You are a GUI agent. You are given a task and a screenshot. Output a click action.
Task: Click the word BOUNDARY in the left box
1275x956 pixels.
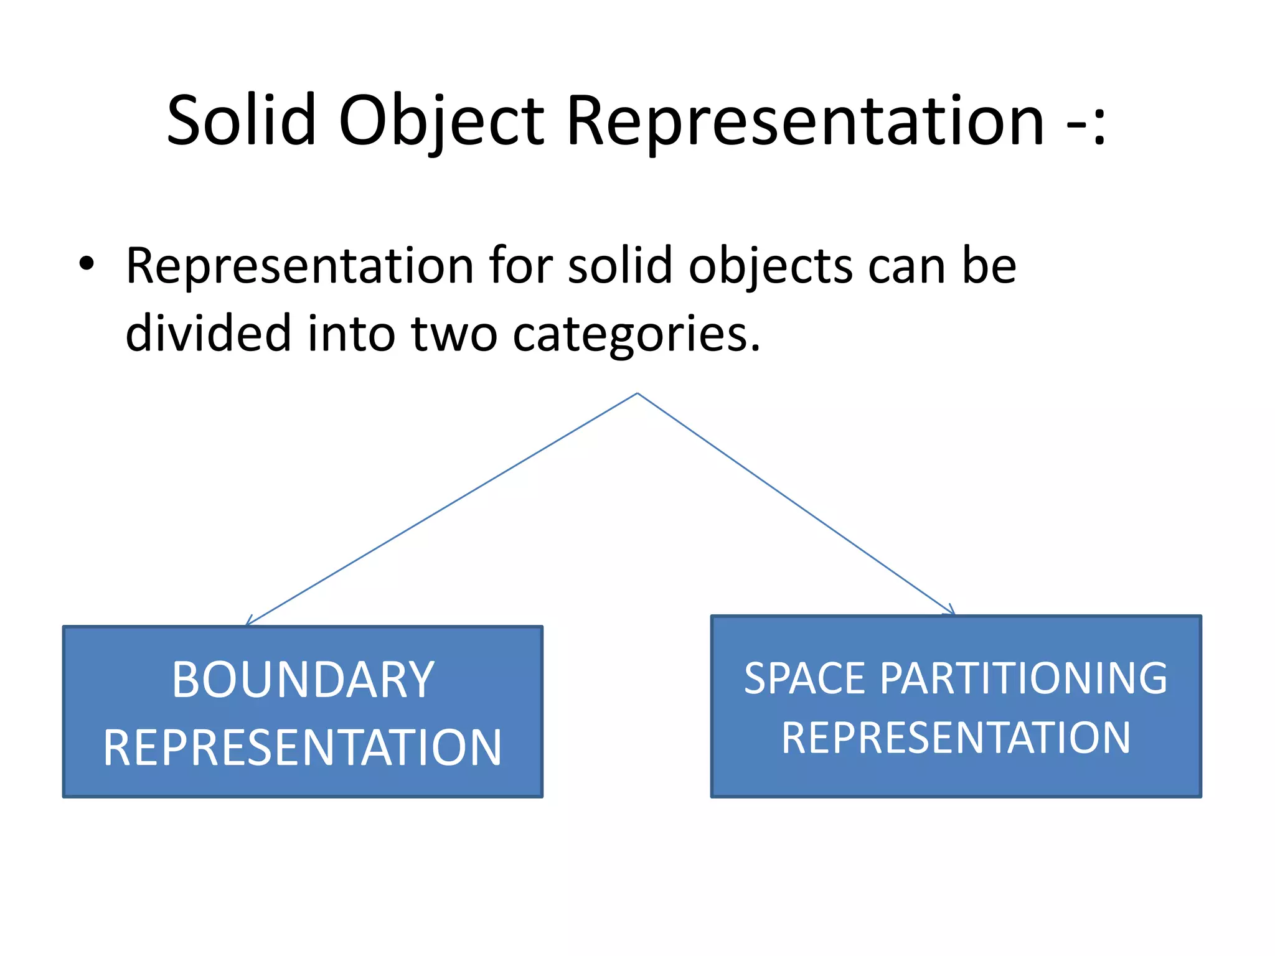coord(303,680)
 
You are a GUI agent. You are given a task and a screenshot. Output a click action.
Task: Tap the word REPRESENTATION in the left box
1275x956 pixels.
coord(303,747)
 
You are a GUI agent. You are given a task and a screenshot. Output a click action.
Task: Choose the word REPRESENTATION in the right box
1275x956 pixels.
coord(956,738)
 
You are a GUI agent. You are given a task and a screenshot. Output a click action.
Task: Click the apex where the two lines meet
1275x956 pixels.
coord(637,393)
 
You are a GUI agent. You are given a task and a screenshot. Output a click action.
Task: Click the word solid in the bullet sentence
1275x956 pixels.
coord(620,266)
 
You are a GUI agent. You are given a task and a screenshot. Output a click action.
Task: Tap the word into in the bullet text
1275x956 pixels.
coord(351,333)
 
